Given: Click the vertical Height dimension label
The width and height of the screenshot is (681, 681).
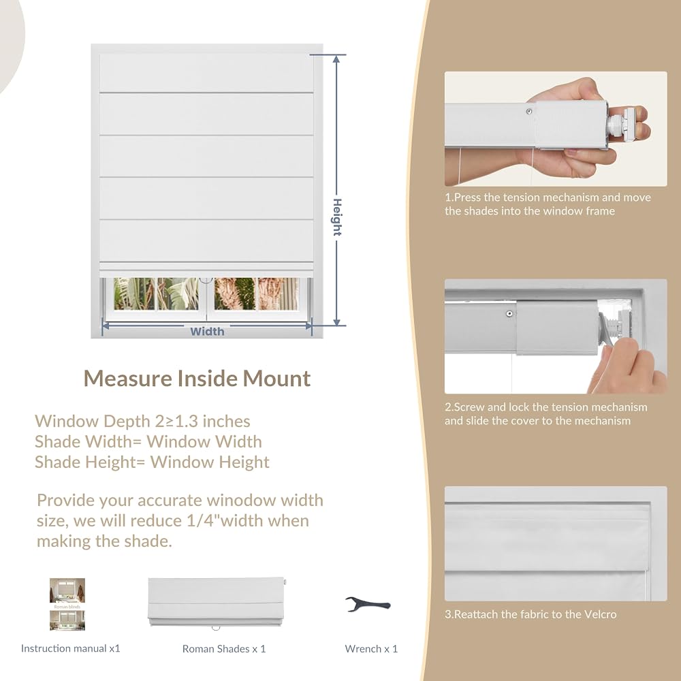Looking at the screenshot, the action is (x=337, y=217).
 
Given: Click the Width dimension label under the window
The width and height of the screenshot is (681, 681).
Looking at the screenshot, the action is (x=207, y=332).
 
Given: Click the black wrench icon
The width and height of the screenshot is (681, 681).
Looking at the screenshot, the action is (x=368, y=603).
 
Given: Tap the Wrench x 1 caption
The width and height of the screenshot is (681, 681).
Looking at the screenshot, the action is (x=371, y=648).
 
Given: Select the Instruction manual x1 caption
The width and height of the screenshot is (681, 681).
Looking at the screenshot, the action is (x=70, y=648).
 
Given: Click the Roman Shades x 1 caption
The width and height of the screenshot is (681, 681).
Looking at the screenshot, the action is (x=224, y=649).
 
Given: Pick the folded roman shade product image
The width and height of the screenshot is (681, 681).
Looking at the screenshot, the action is (x=217, y=603).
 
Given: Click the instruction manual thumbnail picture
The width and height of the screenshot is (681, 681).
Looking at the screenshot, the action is (x=67, y=604).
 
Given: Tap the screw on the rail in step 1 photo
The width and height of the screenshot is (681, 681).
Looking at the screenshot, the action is (x=528, y=112).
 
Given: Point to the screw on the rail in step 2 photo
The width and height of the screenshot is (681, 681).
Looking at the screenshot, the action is (x=509, y=313).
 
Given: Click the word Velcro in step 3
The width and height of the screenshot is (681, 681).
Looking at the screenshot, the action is (x=600, y=614).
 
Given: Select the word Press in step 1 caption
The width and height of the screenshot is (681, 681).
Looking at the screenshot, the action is (x=467, y=197).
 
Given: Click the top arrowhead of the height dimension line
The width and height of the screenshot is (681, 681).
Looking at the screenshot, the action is (x=336, y=59).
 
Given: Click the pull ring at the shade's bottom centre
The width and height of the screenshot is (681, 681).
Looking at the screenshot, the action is (x=206, y=280).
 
